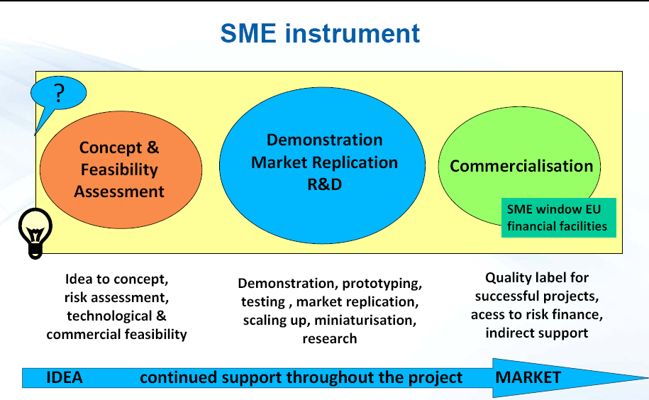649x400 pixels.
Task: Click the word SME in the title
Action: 248,33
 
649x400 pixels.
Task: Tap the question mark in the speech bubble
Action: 60,93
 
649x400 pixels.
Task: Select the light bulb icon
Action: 35,233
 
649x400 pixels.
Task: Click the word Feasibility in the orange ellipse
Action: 119,170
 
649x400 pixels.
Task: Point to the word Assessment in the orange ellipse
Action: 119,191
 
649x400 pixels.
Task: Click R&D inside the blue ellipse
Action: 325,184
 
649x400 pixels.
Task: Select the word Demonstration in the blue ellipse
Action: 325,140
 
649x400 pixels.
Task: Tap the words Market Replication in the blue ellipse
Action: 325,162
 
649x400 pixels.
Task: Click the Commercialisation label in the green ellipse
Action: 521,166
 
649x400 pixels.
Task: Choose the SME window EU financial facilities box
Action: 559,218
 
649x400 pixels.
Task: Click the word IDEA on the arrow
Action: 65,377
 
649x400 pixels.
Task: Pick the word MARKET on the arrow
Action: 528,377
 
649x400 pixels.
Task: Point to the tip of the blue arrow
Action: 648,377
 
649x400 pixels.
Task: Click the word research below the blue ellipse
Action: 330,339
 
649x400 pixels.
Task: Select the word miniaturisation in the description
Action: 365,320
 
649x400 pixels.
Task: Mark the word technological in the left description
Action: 109,316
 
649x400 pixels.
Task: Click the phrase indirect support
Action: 537,333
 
